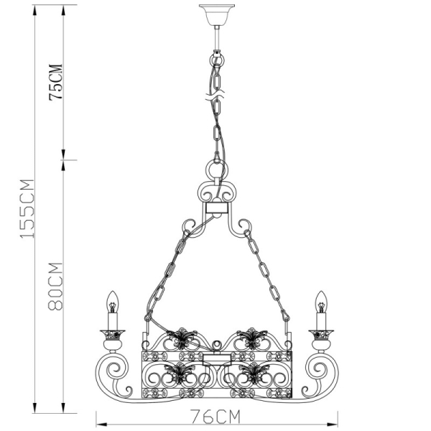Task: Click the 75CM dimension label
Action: [x=56, y=82]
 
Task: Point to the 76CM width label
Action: [x=215, y=416]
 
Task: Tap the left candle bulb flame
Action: [x=111, y=300]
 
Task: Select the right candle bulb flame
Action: [x=320, y=300]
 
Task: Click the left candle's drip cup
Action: [x=111, y=333]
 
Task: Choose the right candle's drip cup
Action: [x=320, y=333]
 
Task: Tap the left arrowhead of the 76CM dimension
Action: [x=99, y=423]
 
